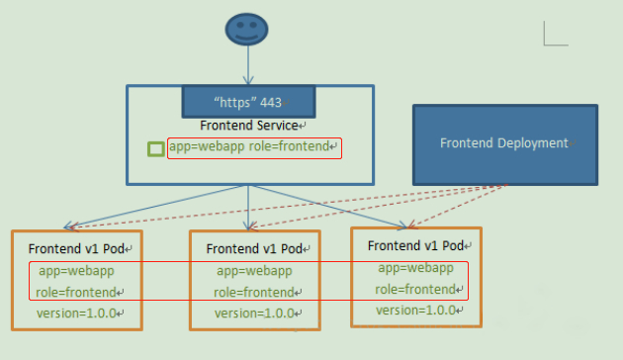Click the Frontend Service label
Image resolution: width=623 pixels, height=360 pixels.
[248, 126]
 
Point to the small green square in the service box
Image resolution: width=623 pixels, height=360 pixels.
[155, 149]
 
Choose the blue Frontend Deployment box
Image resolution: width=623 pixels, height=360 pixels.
[504, 143]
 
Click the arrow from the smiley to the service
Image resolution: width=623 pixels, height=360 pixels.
[247, 64]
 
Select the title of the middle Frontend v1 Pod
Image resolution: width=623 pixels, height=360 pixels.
[253, 248]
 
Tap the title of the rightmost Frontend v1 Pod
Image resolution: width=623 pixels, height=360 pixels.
[414, 245]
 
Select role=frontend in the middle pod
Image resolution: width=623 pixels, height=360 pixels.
[254, 292]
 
